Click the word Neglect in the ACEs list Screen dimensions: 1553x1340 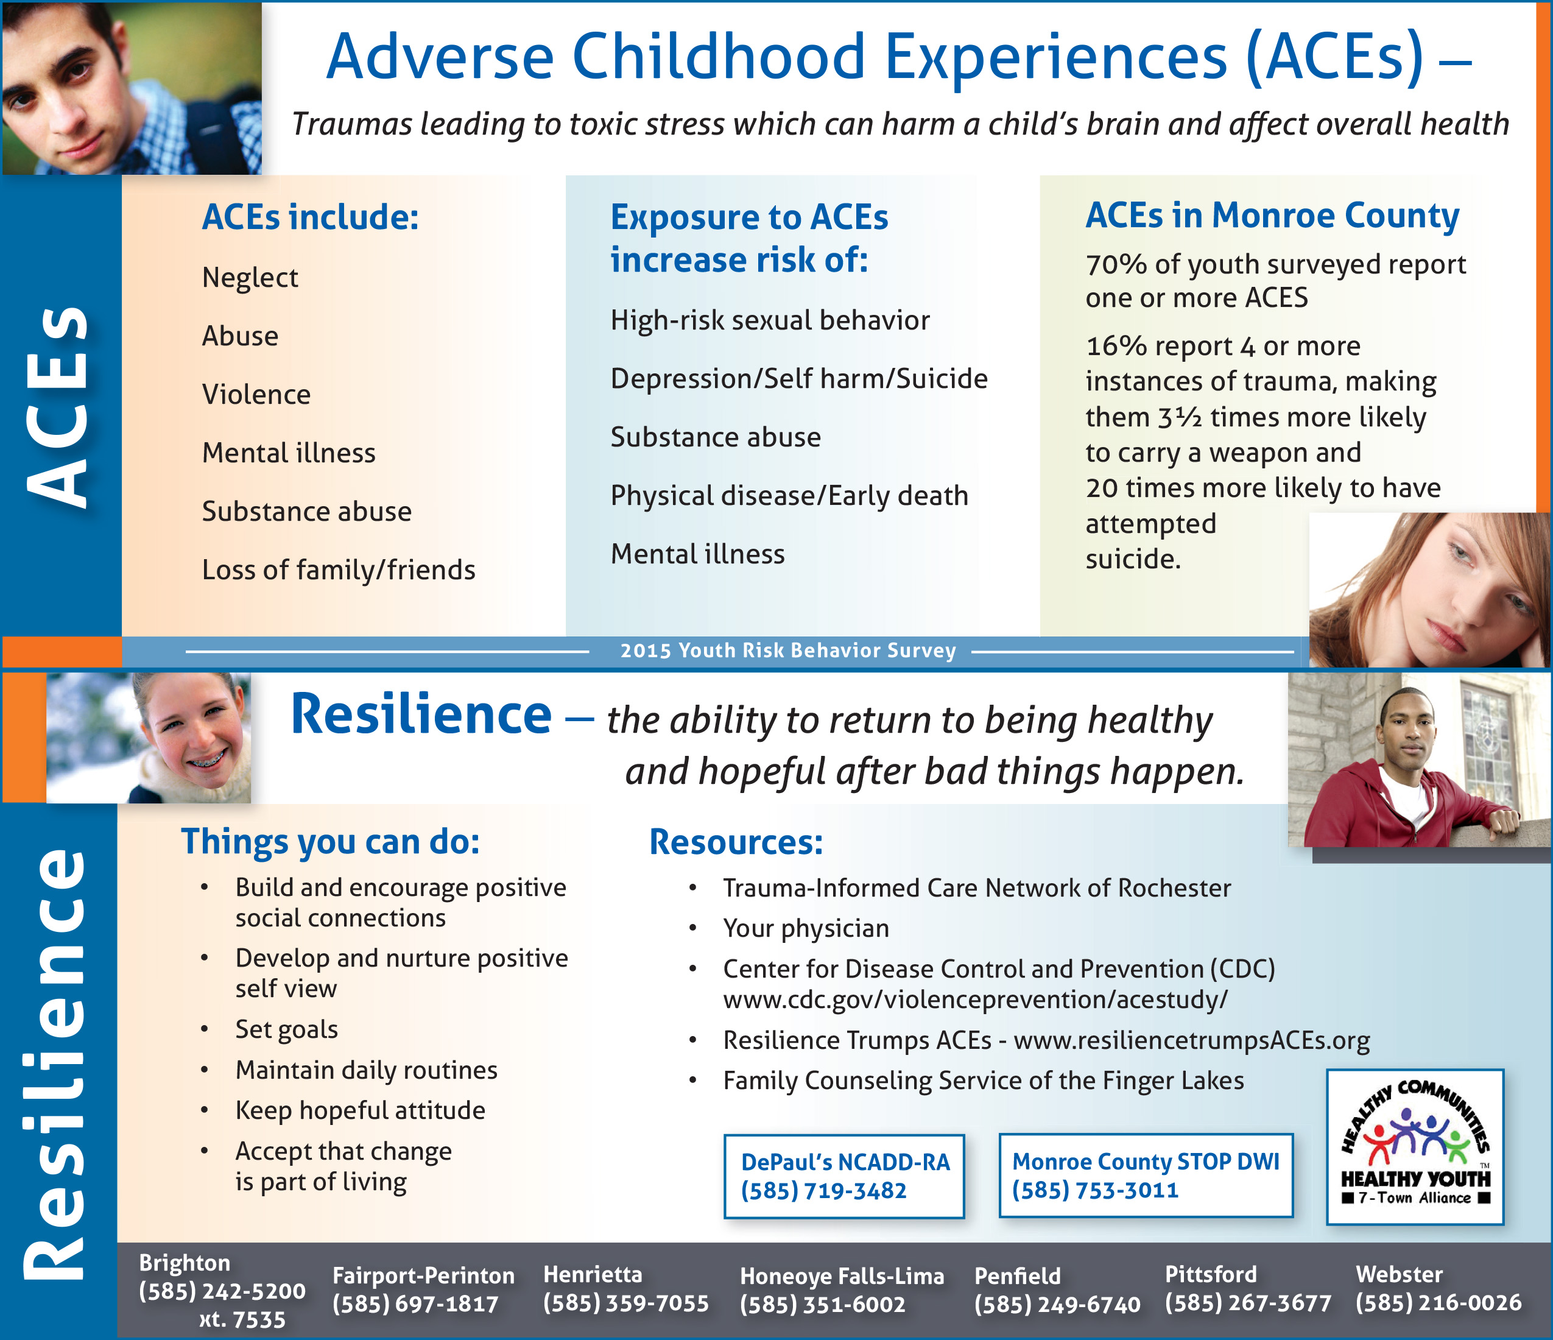(x=250, y=278)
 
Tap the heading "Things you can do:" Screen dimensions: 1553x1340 (x=331, y=842)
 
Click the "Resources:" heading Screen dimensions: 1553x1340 (x=736, y=842)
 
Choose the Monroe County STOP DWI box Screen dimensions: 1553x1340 (x=1146, y=1175)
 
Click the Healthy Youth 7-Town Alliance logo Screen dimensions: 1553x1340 (x=1415, y=1147)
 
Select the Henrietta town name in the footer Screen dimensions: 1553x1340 (x=593, y=1275)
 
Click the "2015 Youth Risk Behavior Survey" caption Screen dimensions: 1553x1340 (x=787, y=651)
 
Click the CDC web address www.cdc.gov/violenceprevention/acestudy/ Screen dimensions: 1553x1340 (x=975, y=1000)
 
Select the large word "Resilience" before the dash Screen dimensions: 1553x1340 (x=421, y=714)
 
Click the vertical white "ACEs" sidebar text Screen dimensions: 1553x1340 (x=58, y=406)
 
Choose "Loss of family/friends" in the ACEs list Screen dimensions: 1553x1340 (x=339, y=570)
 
